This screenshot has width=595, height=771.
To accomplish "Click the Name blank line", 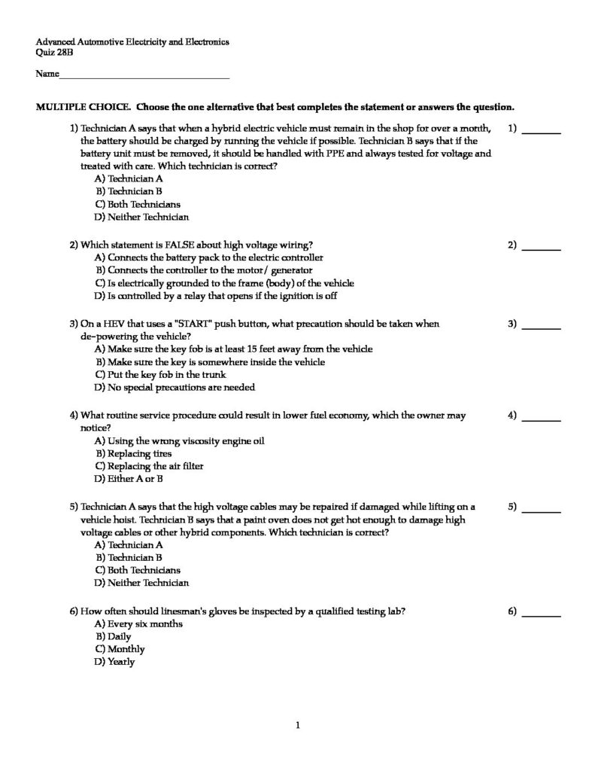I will [x=143, y=77].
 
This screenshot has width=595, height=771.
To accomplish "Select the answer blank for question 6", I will [x=541, y=615].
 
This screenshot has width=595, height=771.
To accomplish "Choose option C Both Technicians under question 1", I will [x=138, y=204].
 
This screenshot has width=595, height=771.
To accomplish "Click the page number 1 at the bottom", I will [x=299, y=726].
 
